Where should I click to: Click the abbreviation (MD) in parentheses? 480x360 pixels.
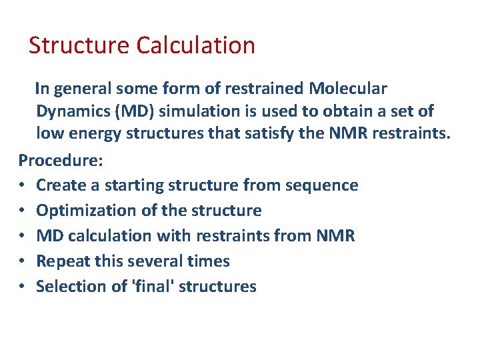(x=139, y=111)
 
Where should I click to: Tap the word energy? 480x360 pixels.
(x=93, y=134)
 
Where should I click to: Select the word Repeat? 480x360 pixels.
(x=62, y=261)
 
